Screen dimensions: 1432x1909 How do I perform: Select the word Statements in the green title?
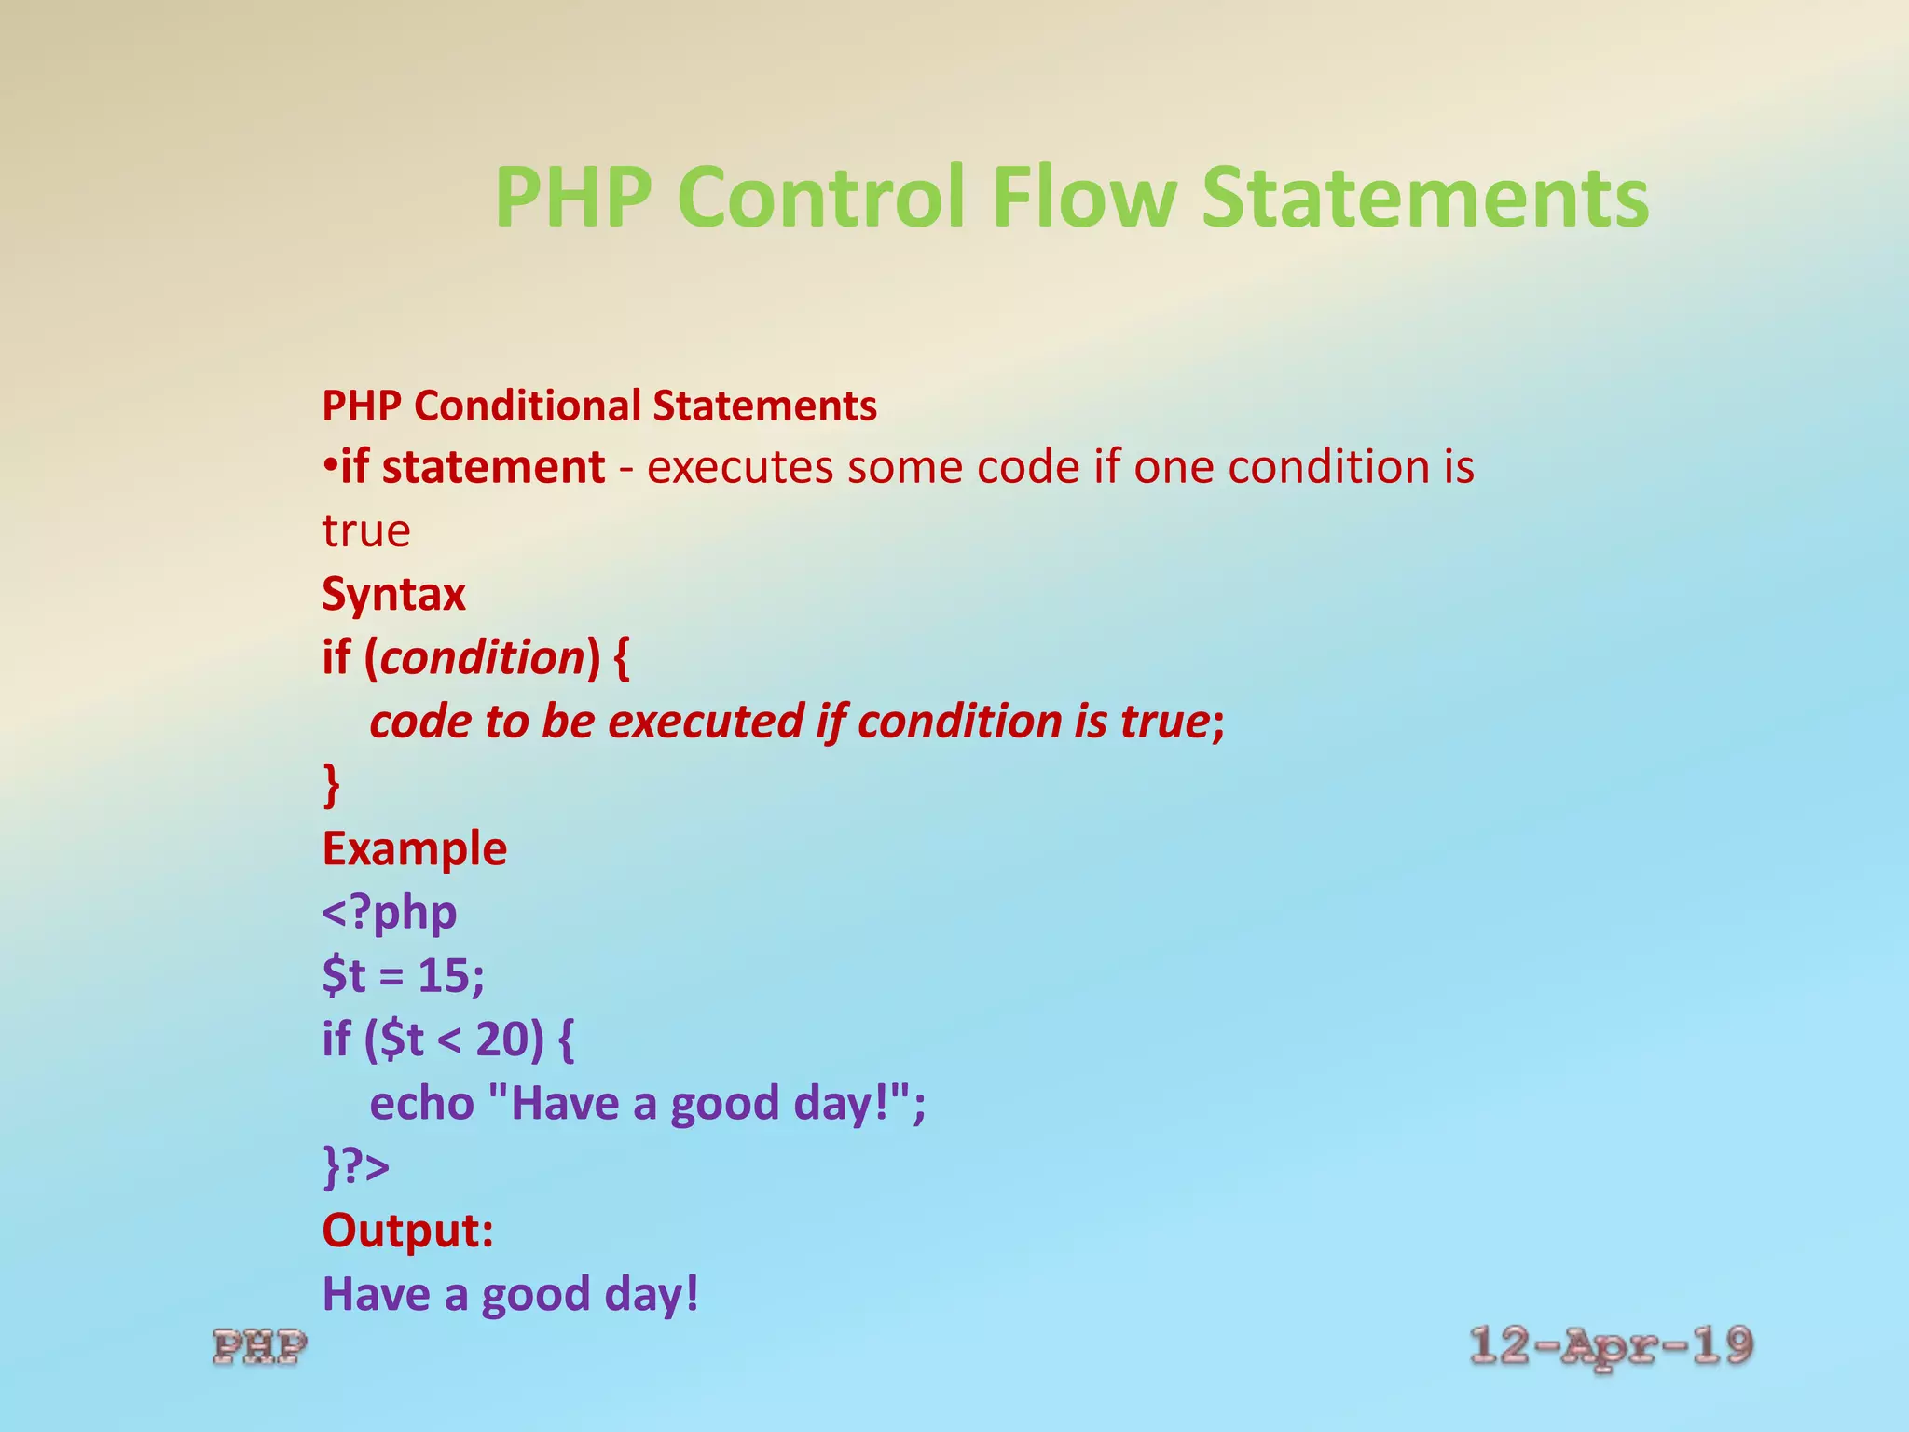(1425, 198)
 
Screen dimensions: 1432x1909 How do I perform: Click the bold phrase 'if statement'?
(473, 467)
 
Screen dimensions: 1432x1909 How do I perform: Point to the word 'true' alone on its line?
(366, 531)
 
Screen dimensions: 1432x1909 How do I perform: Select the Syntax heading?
(393, 595)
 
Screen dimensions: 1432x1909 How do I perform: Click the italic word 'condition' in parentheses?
(482, 658)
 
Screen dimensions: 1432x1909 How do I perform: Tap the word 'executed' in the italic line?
(706, 722)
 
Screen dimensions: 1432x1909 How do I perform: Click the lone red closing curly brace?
(331, 785)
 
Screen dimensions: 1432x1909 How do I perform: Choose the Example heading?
(415, 849)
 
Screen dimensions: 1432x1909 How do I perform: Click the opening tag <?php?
(390, 913)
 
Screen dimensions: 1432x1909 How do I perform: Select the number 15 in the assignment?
(443, 976)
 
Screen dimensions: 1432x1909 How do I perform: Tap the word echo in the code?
(422, 1104)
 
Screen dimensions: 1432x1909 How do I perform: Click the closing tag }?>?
(356, 1167)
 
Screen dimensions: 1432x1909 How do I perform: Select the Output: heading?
(407, 1231)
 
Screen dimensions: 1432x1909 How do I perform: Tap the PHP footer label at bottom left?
(259, 1347)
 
